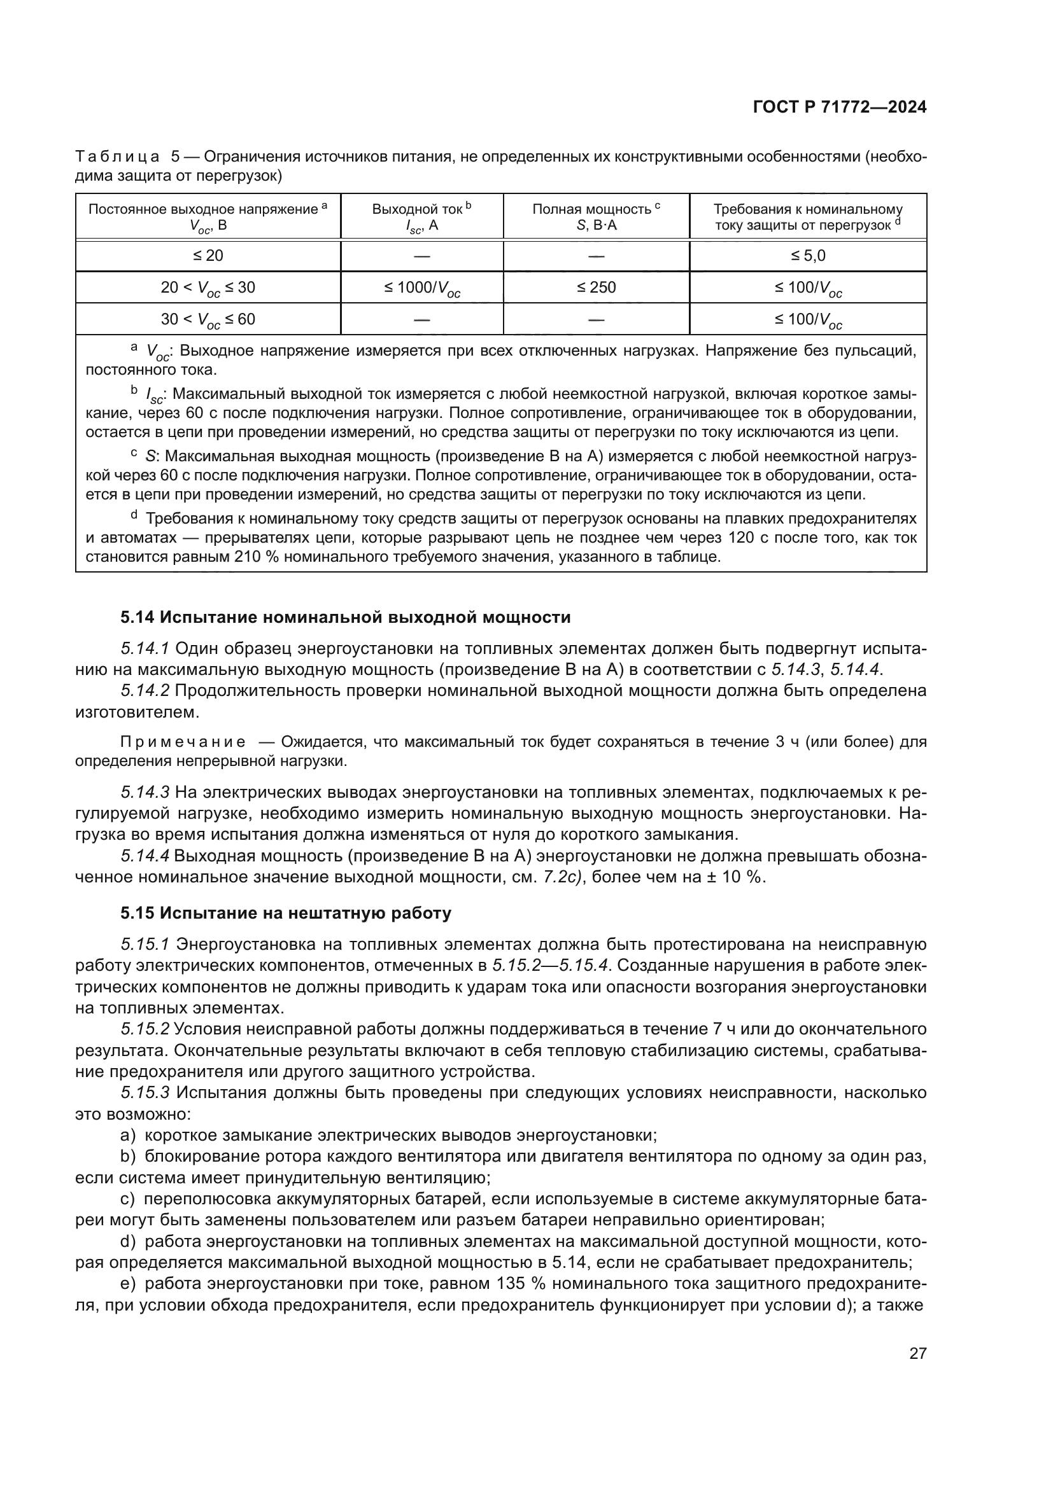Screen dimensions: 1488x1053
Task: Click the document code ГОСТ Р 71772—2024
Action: [839, 108]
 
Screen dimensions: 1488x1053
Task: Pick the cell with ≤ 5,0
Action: [808, 255]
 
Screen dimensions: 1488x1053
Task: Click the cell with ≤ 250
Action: [596, 287]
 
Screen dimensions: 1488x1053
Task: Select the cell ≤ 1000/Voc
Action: [421, 288]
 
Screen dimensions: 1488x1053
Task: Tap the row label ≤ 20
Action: [208, 255]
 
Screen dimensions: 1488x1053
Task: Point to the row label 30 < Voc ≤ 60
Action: [208, 319]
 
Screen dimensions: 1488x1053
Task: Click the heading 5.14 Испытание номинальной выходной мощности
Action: [345, 617]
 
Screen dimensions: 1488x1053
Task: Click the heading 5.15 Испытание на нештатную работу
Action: [285, 913]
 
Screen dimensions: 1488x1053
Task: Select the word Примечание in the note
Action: [183, 742]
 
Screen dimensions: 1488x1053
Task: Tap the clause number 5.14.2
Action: [145, 691]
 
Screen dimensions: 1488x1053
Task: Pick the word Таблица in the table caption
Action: [117, 157]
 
